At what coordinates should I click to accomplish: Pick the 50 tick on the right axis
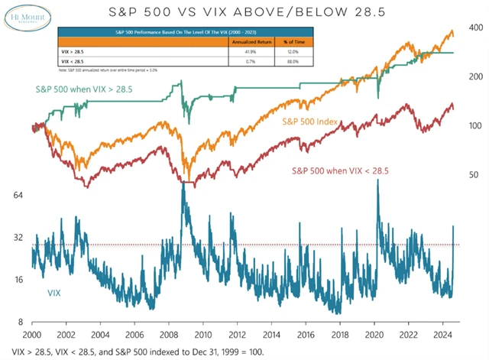[474, 175]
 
